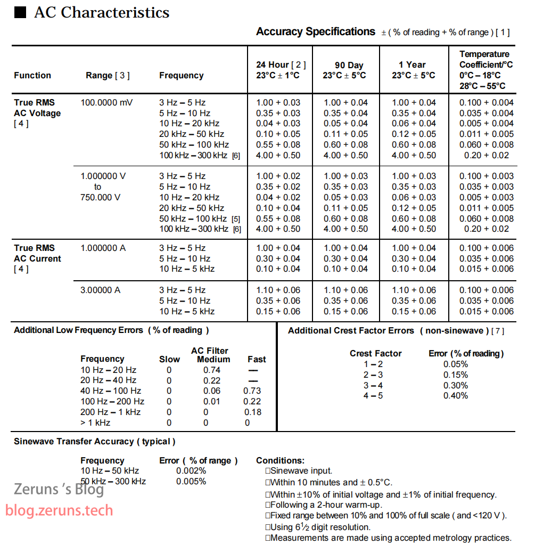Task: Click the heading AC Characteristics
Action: click(x=102, y=13)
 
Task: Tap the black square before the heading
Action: click(x=20, y=13)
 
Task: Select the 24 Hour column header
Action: click(x=281, y=70)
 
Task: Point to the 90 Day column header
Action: click(x=346, y=70)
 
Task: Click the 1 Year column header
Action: click(x=413, y=70)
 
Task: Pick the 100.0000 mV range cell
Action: click(x=107, y=102)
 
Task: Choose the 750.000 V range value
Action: click(x=101, y=197)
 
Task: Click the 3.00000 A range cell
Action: click(x=101, y=290)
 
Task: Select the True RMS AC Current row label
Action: click(x=37, y=253)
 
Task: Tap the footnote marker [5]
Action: click(x=236, y=219)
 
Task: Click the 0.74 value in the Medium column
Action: click(x=212, y=370)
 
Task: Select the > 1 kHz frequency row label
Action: click(x=95, y=422)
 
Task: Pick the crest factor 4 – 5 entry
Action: click(x=373, y=395)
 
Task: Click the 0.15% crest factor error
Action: click(x=456, y=375)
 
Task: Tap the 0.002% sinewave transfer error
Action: click(x=191, y=470)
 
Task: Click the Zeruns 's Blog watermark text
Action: click(x=59, y=489)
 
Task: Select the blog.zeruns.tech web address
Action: click(x=59, y=510)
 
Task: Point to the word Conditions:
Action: click(x=281, y=460)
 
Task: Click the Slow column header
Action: click(x=169, y=359)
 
